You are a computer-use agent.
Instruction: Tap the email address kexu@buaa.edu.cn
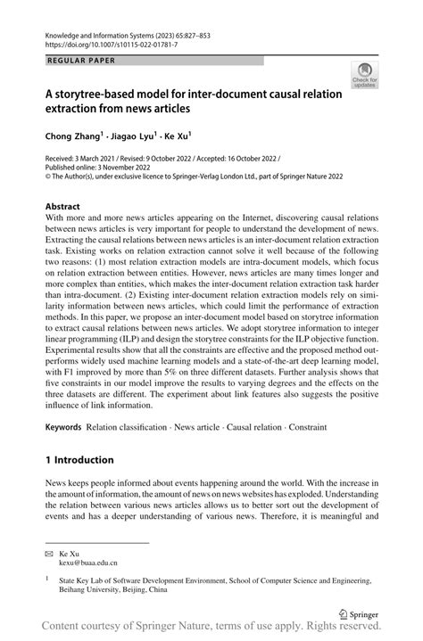(x=94, y=563)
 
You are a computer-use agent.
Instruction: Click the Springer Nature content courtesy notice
(x=211, y=629)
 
